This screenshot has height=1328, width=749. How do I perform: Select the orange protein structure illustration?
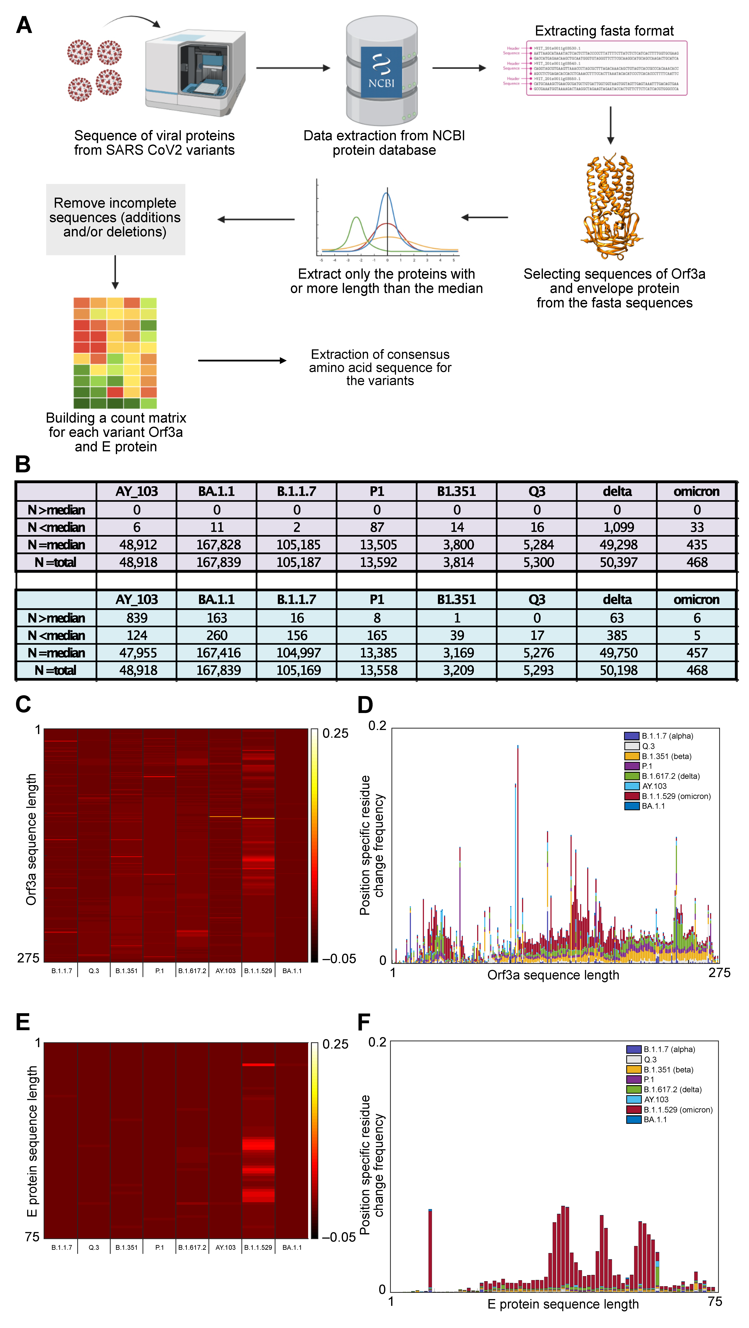point(611,206)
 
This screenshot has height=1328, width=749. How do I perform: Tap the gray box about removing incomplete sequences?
point(115,219)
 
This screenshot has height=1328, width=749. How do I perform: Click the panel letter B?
point(23,464)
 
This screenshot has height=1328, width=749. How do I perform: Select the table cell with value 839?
point(137,618)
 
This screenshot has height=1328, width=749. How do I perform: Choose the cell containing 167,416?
point(217,653)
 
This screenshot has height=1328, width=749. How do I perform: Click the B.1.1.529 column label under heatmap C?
point(258,971)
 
